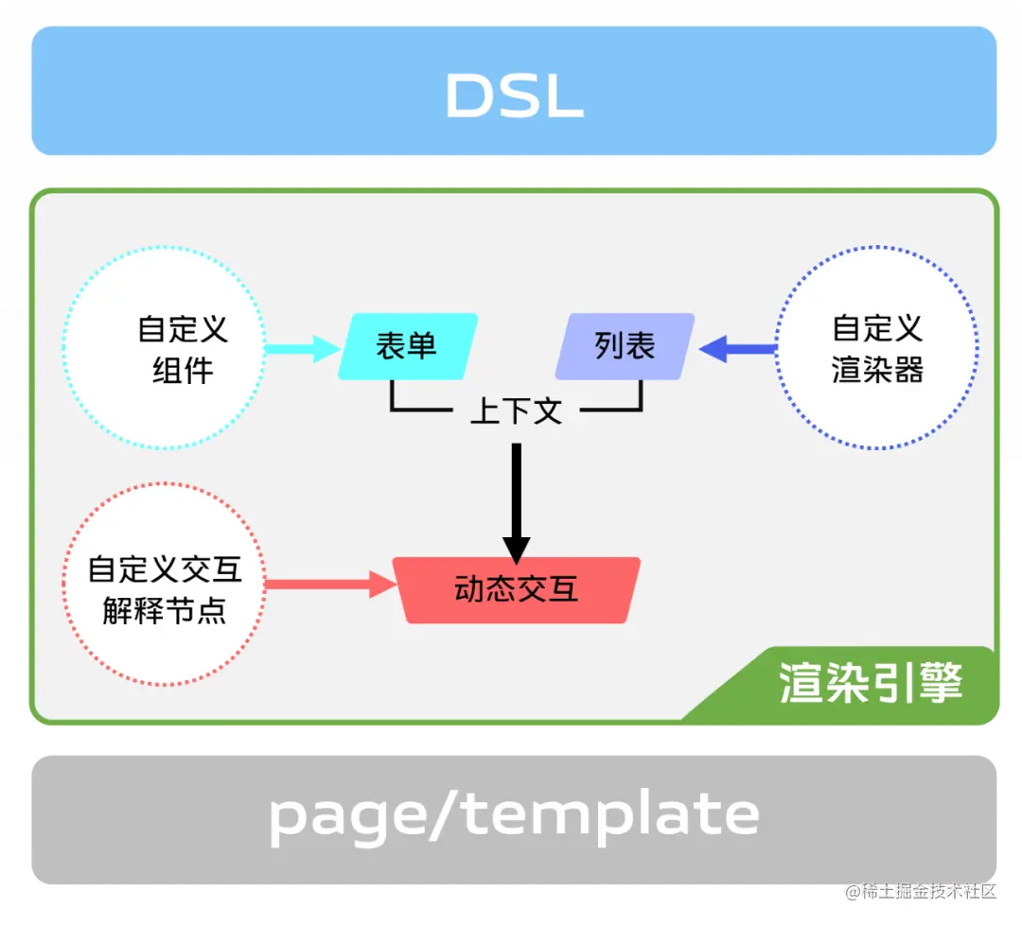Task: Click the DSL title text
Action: [x=514, y=96]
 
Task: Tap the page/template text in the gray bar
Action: [x=514, y=815]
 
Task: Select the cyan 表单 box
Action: [x=408, y=346]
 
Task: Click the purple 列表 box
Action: [x=625, y=346]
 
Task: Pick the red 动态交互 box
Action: [x=517, y=590]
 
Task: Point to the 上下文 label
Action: [x=516, y=411]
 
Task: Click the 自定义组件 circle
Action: [x=163, y=348]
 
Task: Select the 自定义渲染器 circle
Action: [x=876, y=348]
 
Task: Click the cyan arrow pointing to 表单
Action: [x=301, y=349]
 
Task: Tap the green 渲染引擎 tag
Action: [x=869, y=684]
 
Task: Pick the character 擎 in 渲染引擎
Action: [x=941, y=684]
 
